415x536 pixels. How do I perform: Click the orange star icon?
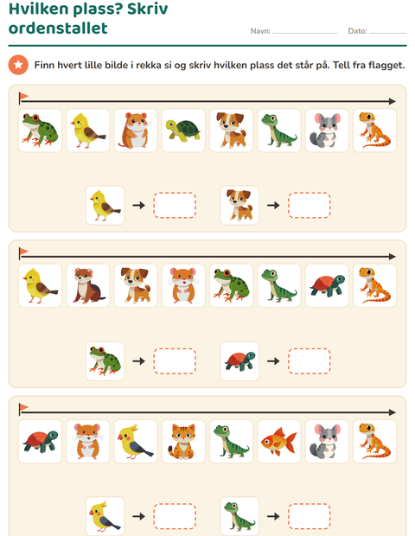tap(18, 65)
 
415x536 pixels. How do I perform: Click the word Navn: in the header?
tap(260, 31)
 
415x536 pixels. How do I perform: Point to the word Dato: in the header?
tap(357, 31)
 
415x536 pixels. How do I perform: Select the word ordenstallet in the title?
tap(58, 28)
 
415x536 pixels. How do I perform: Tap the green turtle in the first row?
tap(183, 131)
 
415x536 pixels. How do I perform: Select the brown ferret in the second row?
tap(88, 286)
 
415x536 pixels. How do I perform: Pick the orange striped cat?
tap(182, 441)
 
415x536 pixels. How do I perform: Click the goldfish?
tap(278, 441)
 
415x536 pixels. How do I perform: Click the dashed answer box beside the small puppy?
tap(309, 205)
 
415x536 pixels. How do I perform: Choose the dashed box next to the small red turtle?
tap(309, 361)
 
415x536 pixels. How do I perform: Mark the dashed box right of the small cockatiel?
tap(175, 516)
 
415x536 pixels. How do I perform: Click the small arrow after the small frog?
tap(139, 361)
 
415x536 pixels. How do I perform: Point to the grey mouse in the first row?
tap(326, 131)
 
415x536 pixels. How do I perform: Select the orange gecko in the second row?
tap(374, 286)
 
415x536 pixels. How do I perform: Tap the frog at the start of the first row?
tap(40, 131)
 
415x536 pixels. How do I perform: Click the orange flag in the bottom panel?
tap(23, 407)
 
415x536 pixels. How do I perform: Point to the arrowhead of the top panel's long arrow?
tap(393, 101)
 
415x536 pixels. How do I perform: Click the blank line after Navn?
tap(305, 33)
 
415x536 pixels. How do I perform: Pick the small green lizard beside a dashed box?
tap(239, 516)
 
